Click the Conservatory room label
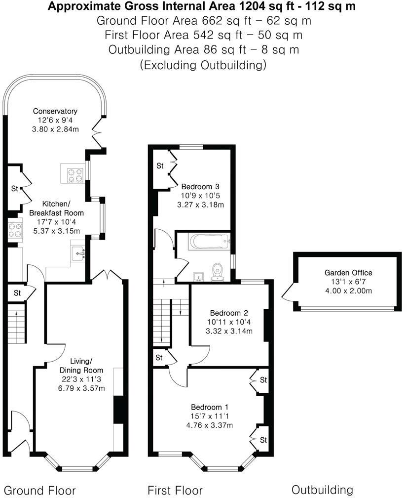[55, 111]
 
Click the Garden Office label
[348, 273]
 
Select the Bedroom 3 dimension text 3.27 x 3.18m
[200, 205]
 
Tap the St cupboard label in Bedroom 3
[160, 166]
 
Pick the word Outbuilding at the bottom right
[322, 490]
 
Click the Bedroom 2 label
[228, 313]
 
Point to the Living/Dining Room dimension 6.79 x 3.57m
[81, 388]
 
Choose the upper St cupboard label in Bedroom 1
[263, 380]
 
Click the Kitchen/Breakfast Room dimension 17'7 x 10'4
[62, 222]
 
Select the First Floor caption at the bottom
[175, 490]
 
